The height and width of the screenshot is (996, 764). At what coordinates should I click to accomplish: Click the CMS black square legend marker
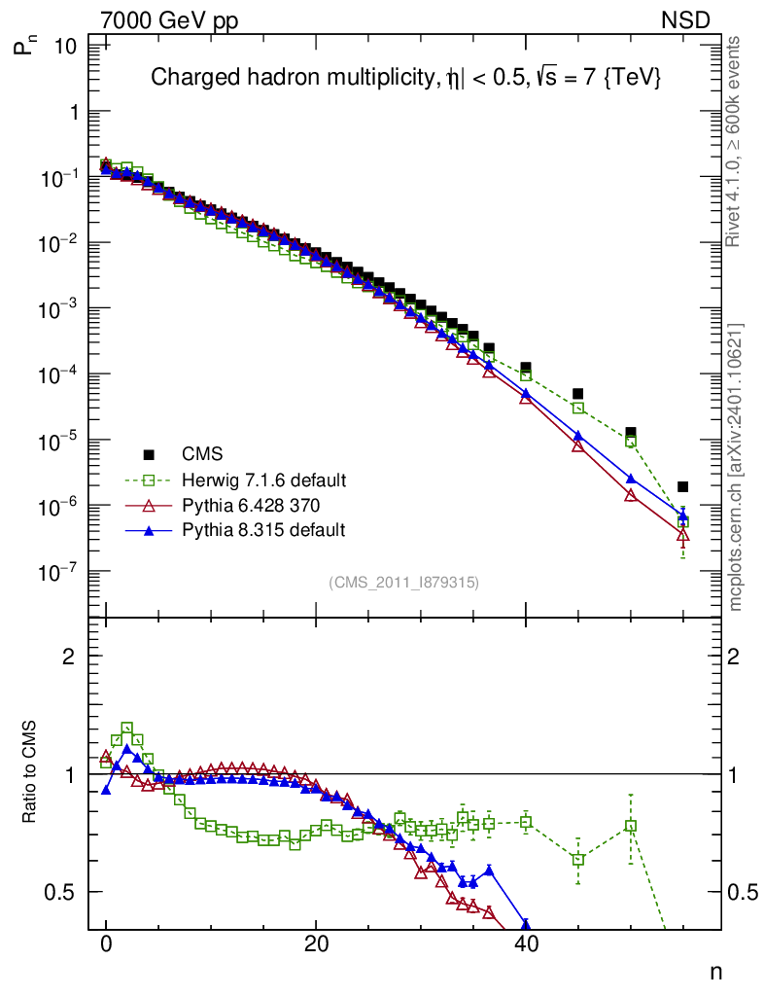tap(149, 453)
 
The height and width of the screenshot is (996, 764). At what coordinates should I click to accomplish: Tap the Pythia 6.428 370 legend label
tap(251, 505)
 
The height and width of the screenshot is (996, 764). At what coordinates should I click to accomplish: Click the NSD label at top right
tap(686, 19)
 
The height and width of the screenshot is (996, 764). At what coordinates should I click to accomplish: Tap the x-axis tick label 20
tap(316, 943)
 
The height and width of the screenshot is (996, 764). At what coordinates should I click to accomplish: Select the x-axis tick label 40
tap(526, 943)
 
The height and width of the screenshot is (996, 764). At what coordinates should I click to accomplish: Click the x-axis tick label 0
tap(106, 943)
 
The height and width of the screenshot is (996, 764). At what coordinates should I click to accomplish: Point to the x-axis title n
tap(715, 972)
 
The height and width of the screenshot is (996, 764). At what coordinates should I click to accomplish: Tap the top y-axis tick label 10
tap(64, 45)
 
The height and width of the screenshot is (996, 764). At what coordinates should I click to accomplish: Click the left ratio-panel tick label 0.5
tap(62, 892)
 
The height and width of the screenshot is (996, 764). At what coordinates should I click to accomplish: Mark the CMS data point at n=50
tap(631, 432)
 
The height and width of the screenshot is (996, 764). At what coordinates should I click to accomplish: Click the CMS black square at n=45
tap(578, 393)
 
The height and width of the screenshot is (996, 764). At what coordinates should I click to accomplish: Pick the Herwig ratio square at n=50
tap(631, 826)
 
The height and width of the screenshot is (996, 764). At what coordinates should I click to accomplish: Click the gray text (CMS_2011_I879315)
tap(403, 582)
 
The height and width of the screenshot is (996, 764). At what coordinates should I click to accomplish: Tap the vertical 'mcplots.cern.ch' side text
tap(736, 467)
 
